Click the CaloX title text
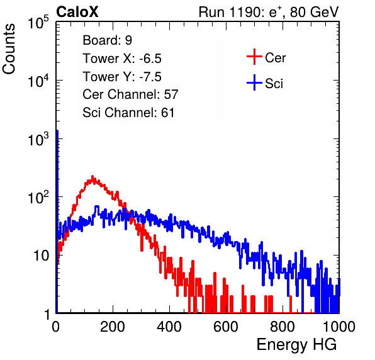pyautogui.click(x=77, y=11)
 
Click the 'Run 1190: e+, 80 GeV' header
pyautogui.click(x=269, y=12)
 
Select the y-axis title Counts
pyautogui.click(x=9, y=48)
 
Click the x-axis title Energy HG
pyautogui.click(x=296, y=345)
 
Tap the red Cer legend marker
pyautogui.click(x=254, y=57)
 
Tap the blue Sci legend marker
pyautogui.click(x=254, y=83)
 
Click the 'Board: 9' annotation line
pyautogui.click(x=107, y=40)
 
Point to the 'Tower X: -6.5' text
pyautogui.click(x=122, y=59)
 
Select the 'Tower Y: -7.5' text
pyautogui.click(x=122, y=77)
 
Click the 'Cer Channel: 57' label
pyautogui.click(x=130, y=94)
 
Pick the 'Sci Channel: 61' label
pyautogui.click(x=128, y=113)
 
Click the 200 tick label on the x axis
pyautogui.click(x=113, y=327)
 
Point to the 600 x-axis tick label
pyautogui.click(x=226, y=327)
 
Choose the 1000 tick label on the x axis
pyautogui.click(x=339, y=327)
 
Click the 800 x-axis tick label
pyautogui.click(x=283, y=327)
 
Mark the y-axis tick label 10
pyautogui.click(x=42, y=256)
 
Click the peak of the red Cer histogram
pyautogui.click(x=92, y=177)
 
